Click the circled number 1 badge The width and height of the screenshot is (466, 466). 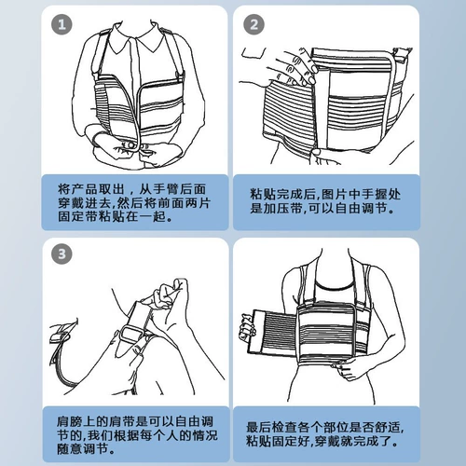coord(62,24)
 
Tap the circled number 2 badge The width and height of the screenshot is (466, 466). coord(254,24)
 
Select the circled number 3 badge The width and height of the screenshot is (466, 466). coord(62,254)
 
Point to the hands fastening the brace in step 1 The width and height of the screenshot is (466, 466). coord(133,149)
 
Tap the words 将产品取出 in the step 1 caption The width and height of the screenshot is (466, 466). coord(91,189)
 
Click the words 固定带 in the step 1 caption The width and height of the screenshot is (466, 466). coord(78,216)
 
